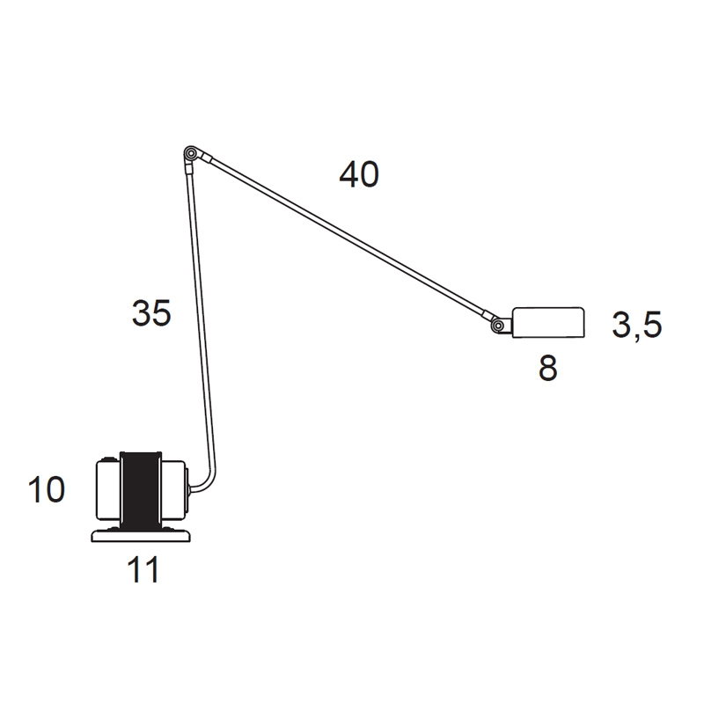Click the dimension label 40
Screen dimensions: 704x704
359,174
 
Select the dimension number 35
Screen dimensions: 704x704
151,313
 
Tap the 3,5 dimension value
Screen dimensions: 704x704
636,325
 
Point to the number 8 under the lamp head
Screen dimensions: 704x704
547,368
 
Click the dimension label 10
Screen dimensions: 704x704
47,489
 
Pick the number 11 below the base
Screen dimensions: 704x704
143,569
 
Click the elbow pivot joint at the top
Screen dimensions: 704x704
191,153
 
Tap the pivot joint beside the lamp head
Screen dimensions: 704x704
497,325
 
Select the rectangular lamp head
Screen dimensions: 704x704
548,322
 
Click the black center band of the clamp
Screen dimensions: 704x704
141,490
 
